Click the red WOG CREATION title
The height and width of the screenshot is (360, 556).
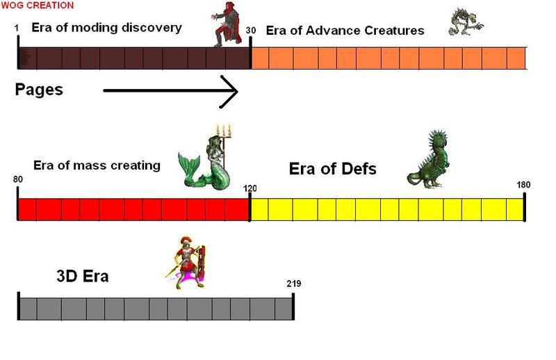coord(38,5)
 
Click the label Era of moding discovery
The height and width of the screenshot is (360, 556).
coord(107,28)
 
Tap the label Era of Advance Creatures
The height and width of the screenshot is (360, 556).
coord(345,31)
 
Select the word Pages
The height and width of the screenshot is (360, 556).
coord(39,90)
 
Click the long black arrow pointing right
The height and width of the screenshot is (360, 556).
coord(170,91)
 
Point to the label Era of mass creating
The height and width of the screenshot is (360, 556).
coord(97,165)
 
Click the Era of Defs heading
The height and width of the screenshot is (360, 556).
coord(333,169)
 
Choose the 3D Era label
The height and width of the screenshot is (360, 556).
coord(82,276)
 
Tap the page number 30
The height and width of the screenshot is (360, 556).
coord(250,30)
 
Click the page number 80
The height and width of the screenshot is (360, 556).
coord(18,179)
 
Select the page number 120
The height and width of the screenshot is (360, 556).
coord(250,188)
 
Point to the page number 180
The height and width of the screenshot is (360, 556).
coord(523,185)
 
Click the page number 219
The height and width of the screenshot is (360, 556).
coord(293,284)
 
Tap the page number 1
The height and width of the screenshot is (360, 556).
coord(17,28)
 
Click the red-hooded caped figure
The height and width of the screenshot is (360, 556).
coord(228,24)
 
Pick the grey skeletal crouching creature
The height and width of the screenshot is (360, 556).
coord(465,22)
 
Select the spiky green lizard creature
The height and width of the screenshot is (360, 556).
coord(428,159)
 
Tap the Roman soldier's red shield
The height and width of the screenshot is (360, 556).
coord(202,261)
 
